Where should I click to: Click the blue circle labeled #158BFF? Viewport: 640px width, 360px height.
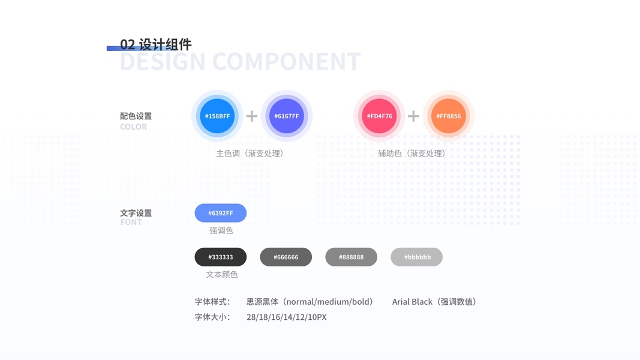click(x=217, y=116)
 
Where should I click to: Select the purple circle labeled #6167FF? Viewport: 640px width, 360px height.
click(x=287, y=116)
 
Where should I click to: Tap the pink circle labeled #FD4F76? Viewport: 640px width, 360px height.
click(x=379, y=116)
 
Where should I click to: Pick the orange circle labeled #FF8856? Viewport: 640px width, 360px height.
click(x=449, y=116)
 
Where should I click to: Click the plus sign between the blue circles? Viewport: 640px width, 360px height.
click(x=252, y=116)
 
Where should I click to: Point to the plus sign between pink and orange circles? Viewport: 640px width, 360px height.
click(x=414, y=116)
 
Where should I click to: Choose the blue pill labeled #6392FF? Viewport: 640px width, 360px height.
click(x=220, y=213)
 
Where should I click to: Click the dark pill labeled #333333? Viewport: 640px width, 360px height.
click(x=220, y=257)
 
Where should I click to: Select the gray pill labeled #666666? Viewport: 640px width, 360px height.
click(x=286, y=257)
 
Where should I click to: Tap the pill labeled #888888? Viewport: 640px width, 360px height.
click(x=351, y=257)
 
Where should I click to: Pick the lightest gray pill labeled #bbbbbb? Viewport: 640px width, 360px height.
click(x=416, y=257)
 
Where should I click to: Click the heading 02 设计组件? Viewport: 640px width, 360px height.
click(x=155, y=44)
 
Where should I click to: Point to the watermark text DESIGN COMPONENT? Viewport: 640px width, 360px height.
click(x=240, y=62)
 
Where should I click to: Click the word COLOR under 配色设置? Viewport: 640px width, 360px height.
click(x=133, y=127)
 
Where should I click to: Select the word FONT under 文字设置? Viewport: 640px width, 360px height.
click(x=131, y=222)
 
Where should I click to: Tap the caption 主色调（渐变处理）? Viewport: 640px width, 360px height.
click(x=250, y=154)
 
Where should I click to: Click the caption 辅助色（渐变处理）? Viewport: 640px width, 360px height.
click(x=412, y=154)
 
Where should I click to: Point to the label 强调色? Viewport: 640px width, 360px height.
click(x=221, y=230)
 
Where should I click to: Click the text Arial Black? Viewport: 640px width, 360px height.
click(x=412, y=302)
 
